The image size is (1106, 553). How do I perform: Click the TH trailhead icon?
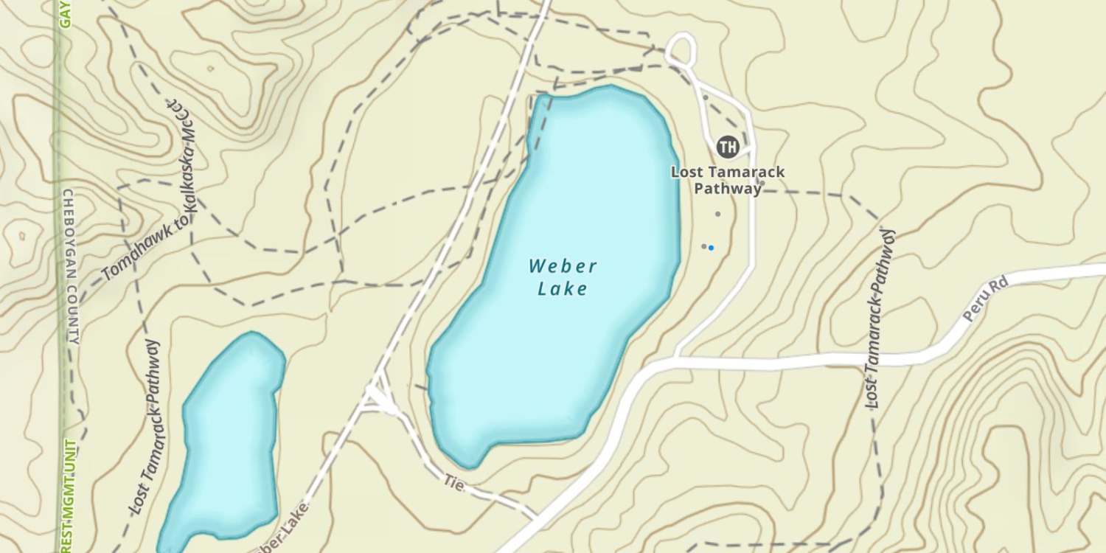pos(728,147)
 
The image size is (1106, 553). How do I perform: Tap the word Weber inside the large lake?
pos(563,265)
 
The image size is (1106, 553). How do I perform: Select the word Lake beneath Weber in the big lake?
pos(563,288)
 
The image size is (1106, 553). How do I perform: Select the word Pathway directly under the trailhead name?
pos(728,189)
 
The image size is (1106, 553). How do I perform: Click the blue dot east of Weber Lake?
pos(711,248)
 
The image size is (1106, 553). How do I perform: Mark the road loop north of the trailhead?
pos(681,49)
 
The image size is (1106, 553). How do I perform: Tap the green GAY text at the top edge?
pos(65,13)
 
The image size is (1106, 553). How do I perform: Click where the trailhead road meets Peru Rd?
pos(676,360)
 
